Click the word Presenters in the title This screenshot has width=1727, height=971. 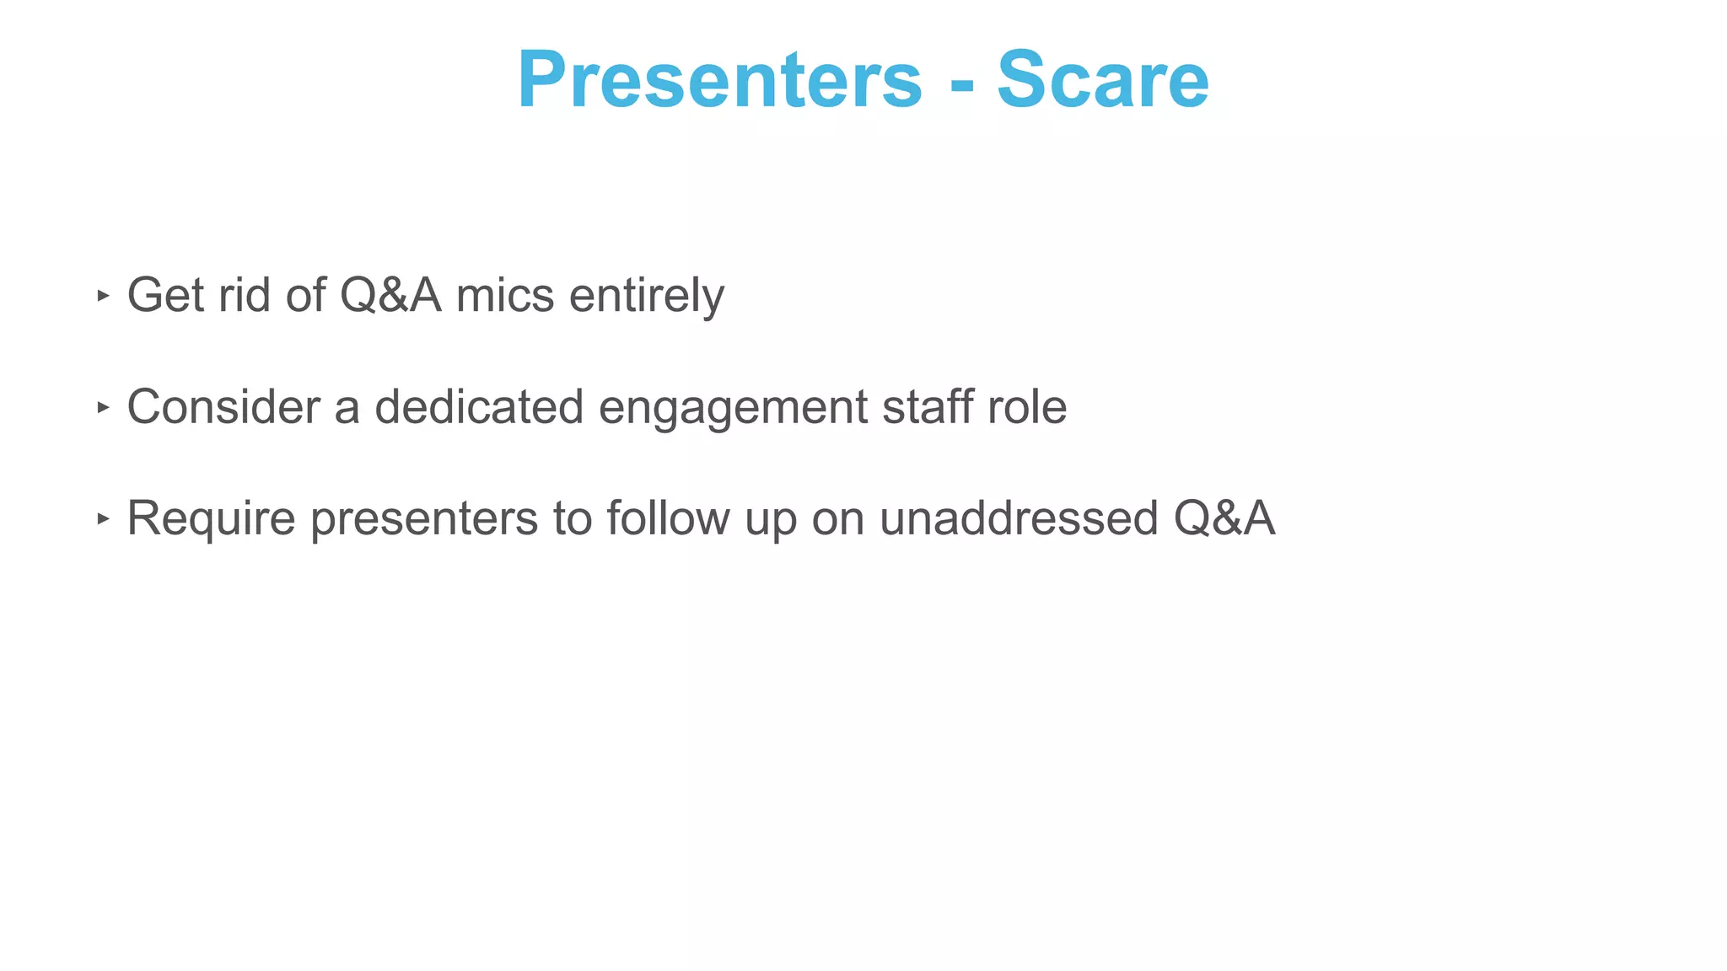[719, 80]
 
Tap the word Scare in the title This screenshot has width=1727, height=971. [1102, 80]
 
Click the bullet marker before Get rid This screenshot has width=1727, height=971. [103, 296]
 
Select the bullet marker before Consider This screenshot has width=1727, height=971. [103, 408]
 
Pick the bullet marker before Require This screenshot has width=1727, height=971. [103, 519]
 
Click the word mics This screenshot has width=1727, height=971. [505, 296]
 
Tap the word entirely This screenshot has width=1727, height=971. [646, 296]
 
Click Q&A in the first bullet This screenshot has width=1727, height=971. [390, 296]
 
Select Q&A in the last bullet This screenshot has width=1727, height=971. [1224, 518]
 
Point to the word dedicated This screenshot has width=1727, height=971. [479, 407]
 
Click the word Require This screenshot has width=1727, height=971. [211, 519]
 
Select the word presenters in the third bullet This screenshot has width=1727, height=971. [424, 519]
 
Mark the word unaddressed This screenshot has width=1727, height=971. [1019, 518]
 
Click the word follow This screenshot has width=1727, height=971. [668, 518]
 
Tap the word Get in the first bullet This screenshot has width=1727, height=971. [165, 296]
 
